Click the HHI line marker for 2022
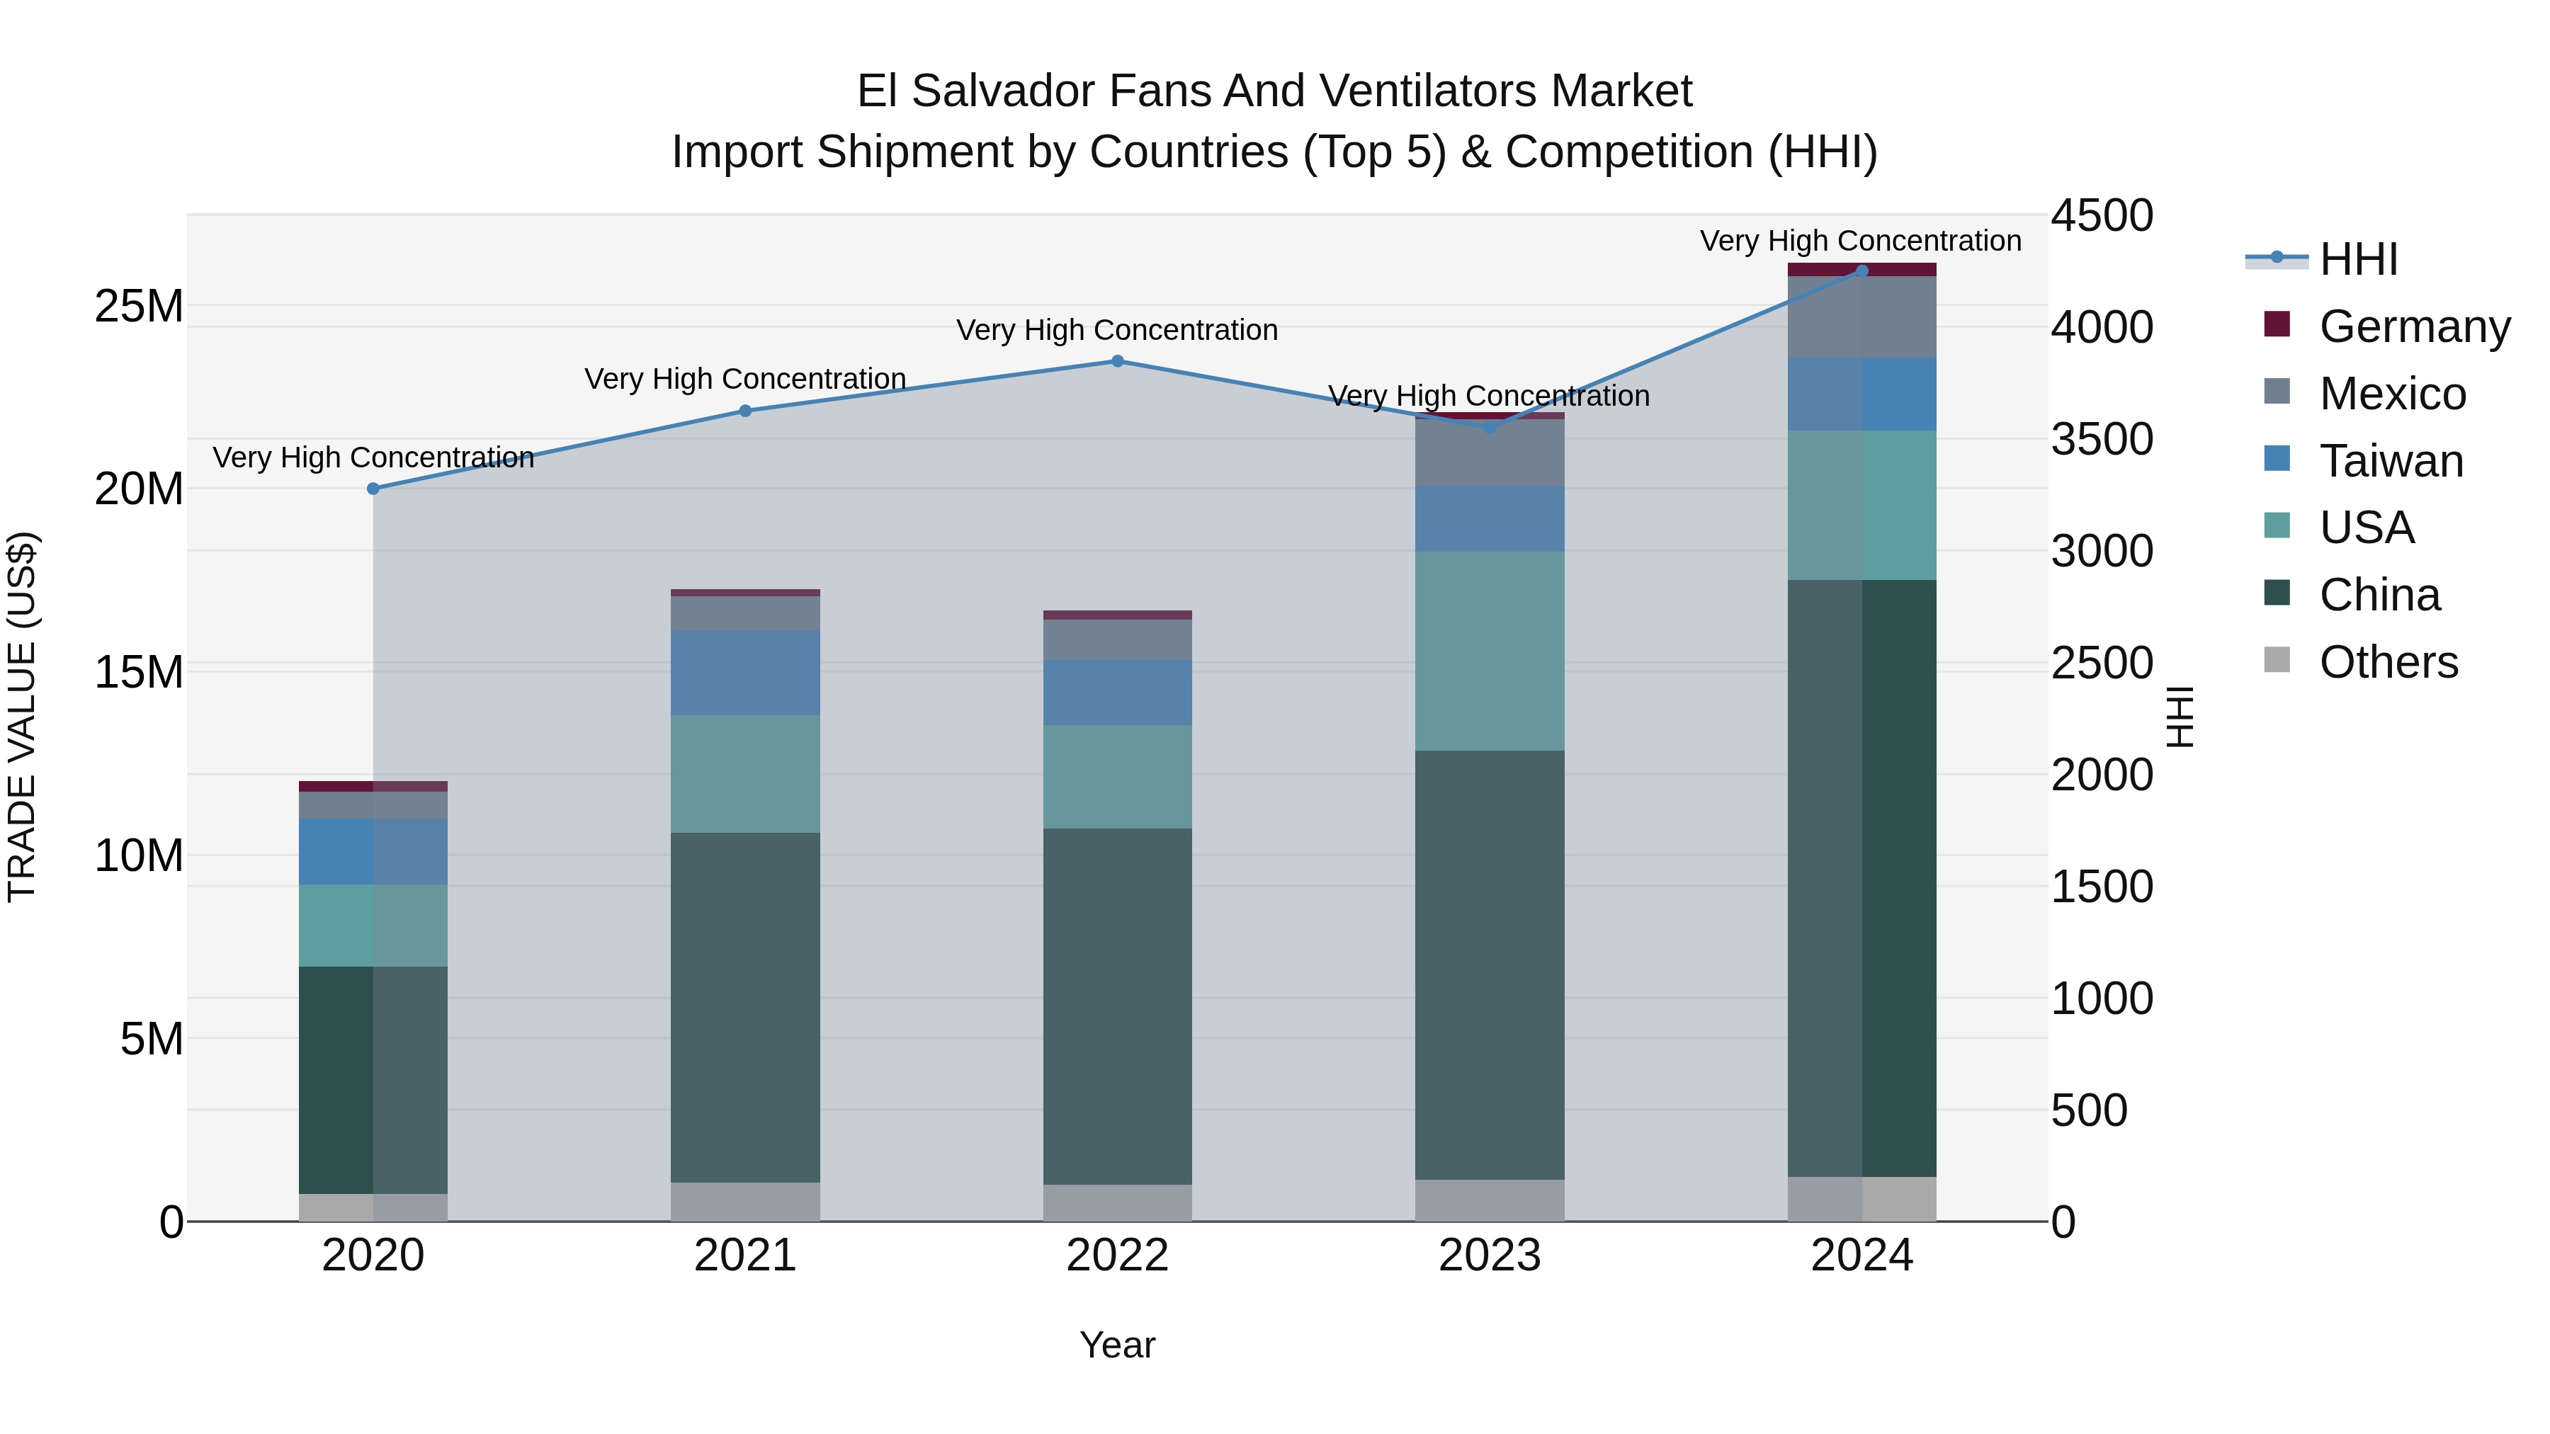pos(1118,361)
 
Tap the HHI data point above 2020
pos(373,489)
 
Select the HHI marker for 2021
pos(745,411)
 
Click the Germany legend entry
pos(2413,326)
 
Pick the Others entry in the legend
pos(2388,662)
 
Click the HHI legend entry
pos(2358,259)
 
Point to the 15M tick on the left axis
pos(139,672)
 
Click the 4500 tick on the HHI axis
pos(2102,216)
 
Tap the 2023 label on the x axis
pos(1489,1255)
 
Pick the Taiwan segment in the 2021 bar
pos(745,672)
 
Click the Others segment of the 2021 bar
pos(745,1202)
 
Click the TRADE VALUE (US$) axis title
pos(22,717)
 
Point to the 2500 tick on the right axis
pos(2102,663)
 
